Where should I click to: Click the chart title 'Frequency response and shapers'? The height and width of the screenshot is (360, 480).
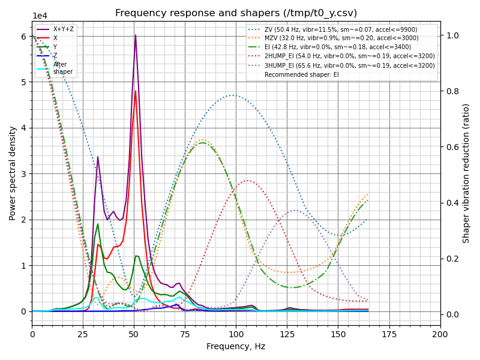[236, 13]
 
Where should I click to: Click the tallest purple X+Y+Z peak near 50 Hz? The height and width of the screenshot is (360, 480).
[135, 35]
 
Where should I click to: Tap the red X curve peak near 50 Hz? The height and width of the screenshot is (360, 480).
[135, 91]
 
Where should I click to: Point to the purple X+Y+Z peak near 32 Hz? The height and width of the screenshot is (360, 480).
[98, 157]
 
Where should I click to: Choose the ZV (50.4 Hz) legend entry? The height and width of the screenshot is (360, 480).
[340, 29]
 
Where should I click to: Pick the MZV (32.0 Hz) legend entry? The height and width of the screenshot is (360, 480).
[341, 38]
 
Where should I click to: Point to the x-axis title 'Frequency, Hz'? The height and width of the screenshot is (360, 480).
[236, 346]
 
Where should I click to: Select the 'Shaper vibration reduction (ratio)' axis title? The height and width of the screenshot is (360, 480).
[466, 173]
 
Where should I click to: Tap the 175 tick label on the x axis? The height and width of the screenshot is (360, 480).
[389, 334]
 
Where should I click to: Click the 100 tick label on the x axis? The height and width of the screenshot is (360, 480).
[236, 334]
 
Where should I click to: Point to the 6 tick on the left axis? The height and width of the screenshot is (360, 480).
[24, 37]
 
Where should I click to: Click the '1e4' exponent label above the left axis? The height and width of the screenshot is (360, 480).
[40, 16]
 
